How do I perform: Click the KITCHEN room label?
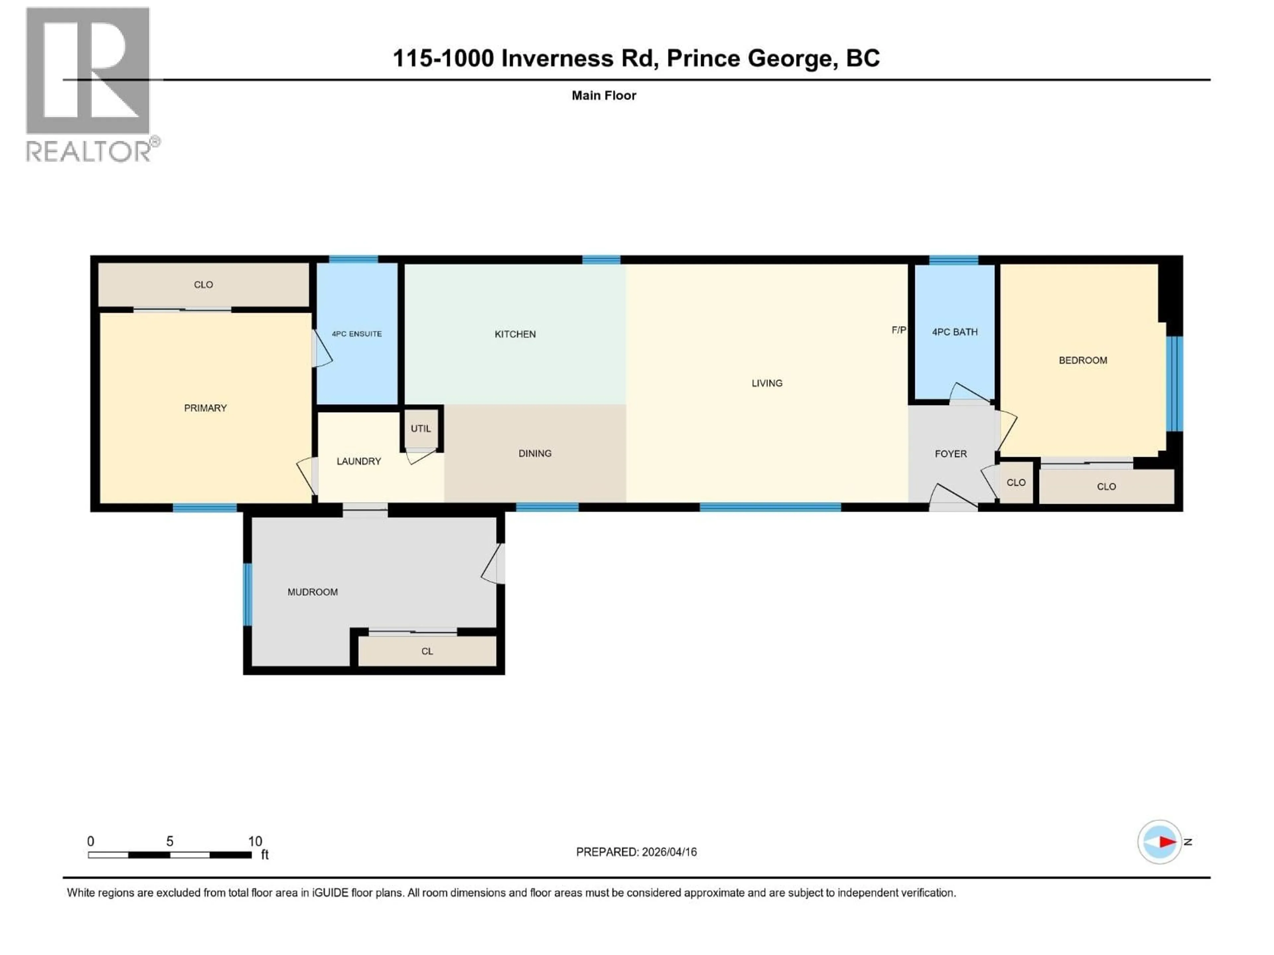click(x=515, y=334)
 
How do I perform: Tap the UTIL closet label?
click(x=420, y=428)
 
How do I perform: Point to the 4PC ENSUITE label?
click(x=357, y=334)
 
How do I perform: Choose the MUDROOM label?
click(x=312, y=592)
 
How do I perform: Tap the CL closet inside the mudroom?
click(x=427, y=651)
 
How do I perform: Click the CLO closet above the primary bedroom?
click(x=203, y=285)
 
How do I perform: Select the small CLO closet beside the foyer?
click(x=1016, y=482)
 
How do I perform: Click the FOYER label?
click(x=950, y=454)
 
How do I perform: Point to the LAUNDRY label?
click(x=358, y=461)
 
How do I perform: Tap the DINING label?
click(x=534, y=453)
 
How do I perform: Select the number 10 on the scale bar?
click(x=254, y=841)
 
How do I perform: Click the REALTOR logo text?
click(x=89, y=152)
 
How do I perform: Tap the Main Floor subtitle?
click(x=603, y=95)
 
